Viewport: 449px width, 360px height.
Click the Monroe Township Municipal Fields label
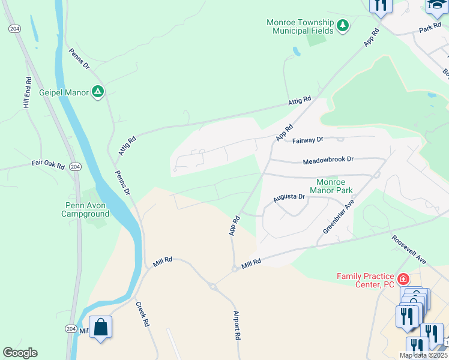(300, 26)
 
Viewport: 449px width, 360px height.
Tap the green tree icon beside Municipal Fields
(343, 26)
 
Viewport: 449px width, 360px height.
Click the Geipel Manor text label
(64, 92)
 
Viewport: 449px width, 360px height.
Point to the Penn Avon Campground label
(87, 209)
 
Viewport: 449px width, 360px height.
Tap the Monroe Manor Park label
(334, 186)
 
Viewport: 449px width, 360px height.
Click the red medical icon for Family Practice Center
(403, 280)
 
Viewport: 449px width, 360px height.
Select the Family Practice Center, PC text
(366, 280)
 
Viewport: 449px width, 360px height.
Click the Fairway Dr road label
(308, 140)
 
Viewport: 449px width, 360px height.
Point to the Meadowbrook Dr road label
(328, 161)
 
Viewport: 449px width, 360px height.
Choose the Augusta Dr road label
(289, 197)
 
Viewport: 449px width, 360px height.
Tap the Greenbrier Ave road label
(339, 217)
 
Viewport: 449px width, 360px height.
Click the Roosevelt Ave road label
(409, 250)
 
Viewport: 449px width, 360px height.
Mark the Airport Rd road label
(237, 326)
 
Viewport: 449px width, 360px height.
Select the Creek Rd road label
(143, 313)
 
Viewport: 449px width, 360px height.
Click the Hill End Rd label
(27, 92)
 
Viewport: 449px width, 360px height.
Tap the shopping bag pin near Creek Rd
(101, 328)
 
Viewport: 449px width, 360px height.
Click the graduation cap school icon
(436, 5)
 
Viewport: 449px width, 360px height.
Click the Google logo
(20, 353)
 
